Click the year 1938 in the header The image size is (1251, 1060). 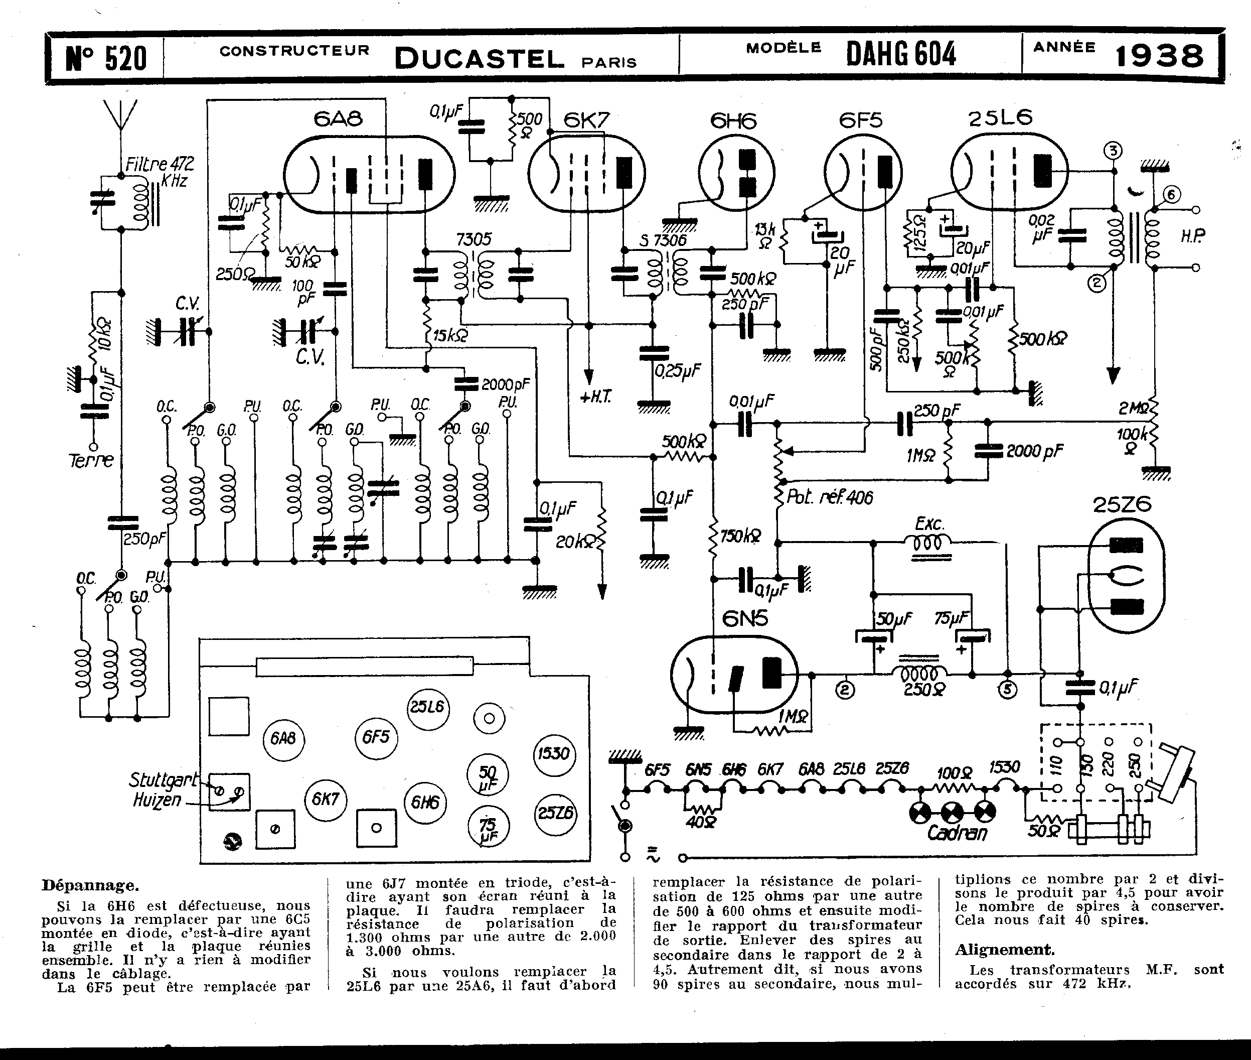(x=1159, y=57)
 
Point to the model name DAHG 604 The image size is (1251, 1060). (x=901, y=54)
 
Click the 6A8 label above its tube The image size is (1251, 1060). (x=338, y=118)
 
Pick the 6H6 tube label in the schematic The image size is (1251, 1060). (x=733, y=121)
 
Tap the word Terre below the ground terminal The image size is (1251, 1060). (x=91, y=461)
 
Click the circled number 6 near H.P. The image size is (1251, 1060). (x=1171, y=194)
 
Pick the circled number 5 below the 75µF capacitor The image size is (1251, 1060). (x=1007, y=690)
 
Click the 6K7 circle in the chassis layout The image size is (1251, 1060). (x=326, y=799)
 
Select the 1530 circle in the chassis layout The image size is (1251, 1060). (x=554, y=753)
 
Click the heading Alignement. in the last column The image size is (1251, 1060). (x=1004, y=950)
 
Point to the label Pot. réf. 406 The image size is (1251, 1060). (x=829, y=497)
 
